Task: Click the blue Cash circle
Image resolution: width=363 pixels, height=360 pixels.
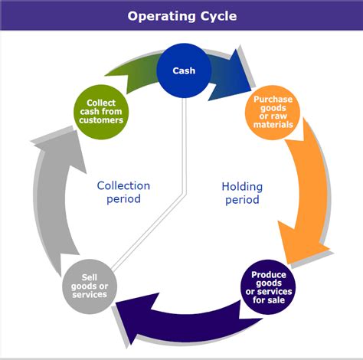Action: click(183, 70)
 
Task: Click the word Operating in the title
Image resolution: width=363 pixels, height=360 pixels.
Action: click(159, 16)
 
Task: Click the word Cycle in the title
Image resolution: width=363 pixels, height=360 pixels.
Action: click(217, 16)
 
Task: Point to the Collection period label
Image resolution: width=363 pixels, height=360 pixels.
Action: click(123, 192)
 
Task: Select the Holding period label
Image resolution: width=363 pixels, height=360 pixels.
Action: click(241, 193)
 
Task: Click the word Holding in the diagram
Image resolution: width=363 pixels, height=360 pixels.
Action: click(241, 186)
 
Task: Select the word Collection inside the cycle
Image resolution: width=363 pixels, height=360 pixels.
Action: click(123, 185)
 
